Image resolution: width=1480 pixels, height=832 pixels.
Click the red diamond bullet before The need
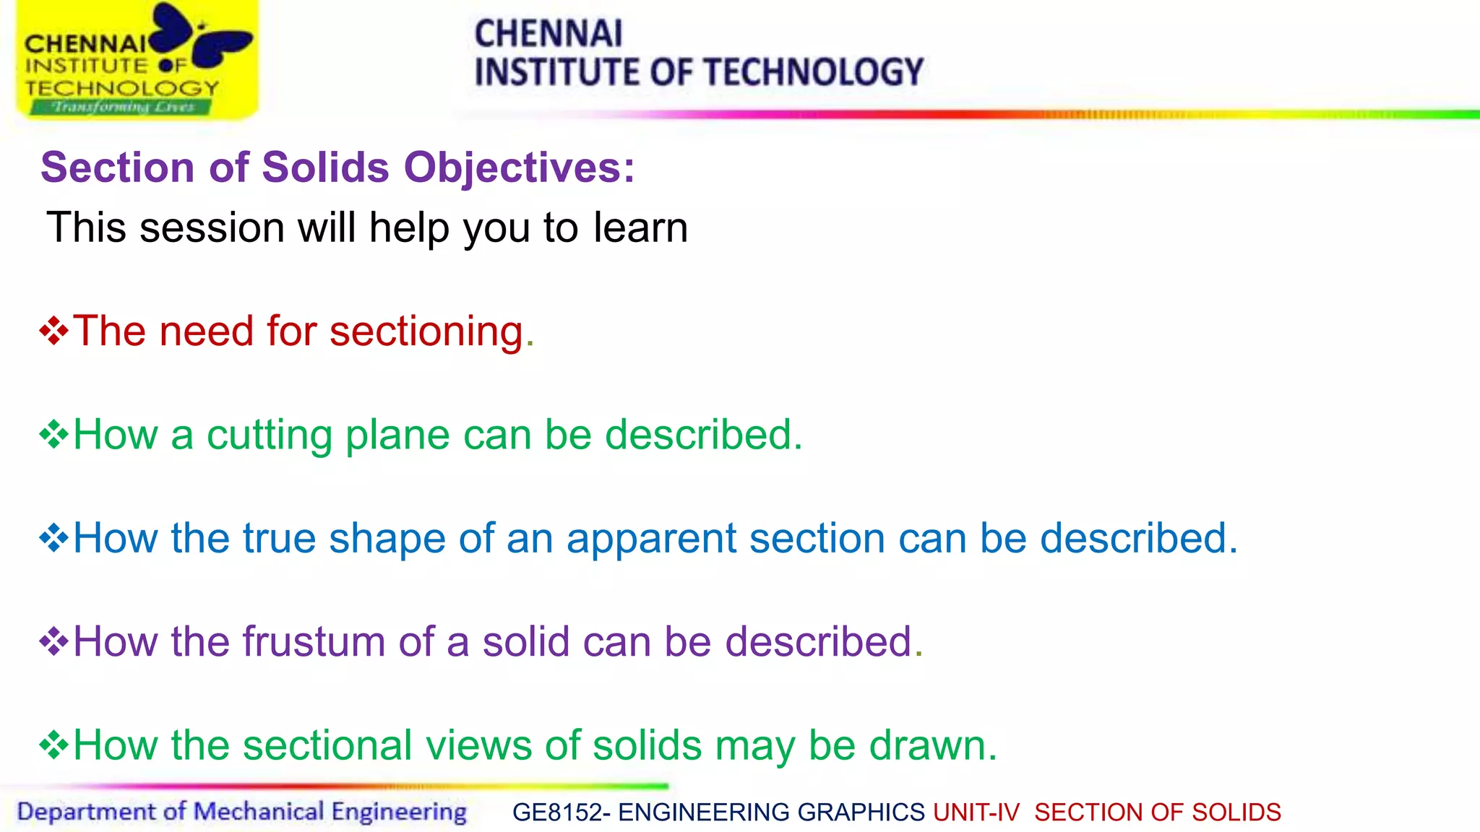coord(54,331)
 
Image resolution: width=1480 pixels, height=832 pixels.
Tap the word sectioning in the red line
coord(426,331)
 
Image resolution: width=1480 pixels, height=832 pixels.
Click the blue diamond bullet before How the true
coord(54,539)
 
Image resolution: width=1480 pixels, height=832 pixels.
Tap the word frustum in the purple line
coord(314,642)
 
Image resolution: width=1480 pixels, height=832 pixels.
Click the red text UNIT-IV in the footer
coord(976,812)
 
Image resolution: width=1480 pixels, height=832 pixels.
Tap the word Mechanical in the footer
coord(259,812)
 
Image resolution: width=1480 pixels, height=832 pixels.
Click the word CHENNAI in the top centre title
coord(548,34)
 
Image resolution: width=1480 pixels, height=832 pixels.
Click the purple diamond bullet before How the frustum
coord(54,642)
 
